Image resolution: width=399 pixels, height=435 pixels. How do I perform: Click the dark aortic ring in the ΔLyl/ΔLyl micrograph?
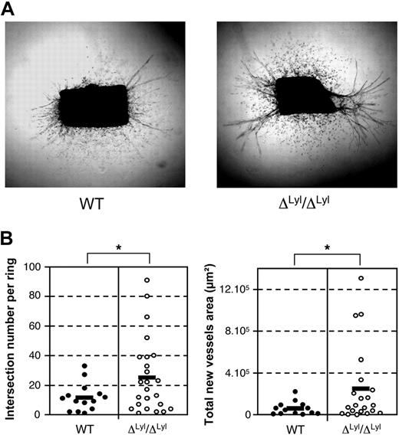coord(304,100)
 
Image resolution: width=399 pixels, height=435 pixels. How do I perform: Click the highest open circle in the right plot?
coord(360,278)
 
